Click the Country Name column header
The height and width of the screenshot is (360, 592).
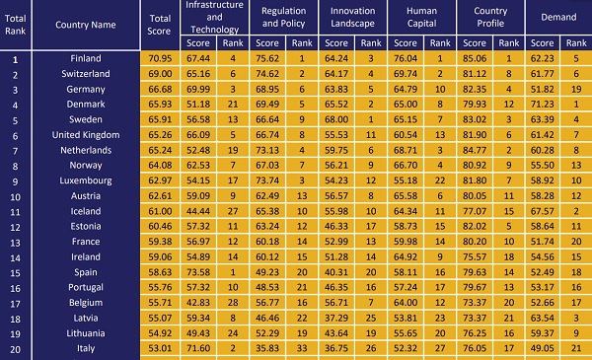coord(86,25)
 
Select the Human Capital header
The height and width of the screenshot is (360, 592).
coord(421,17)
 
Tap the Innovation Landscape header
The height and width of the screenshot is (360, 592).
coord(352,17)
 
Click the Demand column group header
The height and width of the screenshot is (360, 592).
coord(558,17)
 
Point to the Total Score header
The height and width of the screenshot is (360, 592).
coord(159,25)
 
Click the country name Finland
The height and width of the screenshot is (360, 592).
coord(86,58)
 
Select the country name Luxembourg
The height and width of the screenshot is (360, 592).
coord(86,180)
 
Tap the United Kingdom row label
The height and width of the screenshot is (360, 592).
coord(86,135)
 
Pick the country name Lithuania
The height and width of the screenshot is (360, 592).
coord(86,333)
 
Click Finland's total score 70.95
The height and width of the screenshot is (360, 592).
coord(160,58)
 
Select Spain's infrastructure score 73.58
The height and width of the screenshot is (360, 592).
coord(198,272)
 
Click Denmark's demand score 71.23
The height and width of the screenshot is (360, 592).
coord(542,105)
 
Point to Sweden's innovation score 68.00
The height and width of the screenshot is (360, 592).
coord(336,119)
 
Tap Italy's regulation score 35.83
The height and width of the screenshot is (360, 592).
coord(267,348)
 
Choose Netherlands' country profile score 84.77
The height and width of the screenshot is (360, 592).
coord(475,150)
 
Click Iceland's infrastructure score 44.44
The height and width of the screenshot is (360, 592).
coord(198,211)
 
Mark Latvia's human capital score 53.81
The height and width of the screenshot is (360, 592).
coord(406,318)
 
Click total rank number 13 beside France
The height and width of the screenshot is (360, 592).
coord(15,243)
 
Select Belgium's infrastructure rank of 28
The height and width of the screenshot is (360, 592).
coord(233,303)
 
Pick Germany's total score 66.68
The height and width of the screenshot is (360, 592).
coord(160,89)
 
